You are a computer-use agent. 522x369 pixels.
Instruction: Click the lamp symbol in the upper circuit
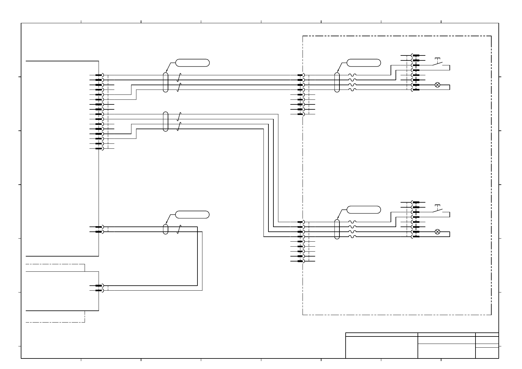coord(437,85)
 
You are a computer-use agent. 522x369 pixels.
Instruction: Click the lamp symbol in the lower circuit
coord(437,232)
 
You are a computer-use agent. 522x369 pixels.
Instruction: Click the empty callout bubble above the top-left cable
coord(192,63)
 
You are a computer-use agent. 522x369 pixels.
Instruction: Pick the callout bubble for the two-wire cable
coord(192,214)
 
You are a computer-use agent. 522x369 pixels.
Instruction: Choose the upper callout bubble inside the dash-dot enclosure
coord(364,63)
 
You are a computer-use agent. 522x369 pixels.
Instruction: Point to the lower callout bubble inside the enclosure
coord(364,209)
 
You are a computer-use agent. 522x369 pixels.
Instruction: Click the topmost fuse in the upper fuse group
coord(352,75)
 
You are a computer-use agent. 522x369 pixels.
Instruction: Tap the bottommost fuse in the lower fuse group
coord(352,237)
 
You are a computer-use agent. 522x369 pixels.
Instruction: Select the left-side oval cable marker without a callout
coord(166,121)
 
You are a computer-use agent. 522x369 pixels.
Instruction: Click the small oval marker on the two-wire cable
coord(166,229)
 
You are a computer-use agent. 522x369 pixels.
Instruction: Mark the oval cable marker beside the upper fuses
coord(337,82)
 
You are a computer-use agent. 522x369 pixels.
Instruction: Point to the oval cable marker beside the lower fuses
coord(337,229)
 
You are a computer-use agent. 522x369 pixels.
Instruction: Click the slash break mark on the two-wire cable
coord(179,229)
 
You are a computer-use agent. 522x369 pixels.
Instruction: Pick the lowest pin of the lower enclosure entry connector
coord(300,261)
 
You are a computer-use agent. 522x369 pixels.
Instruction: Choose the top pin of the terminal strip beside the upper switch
coord(416,55)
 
